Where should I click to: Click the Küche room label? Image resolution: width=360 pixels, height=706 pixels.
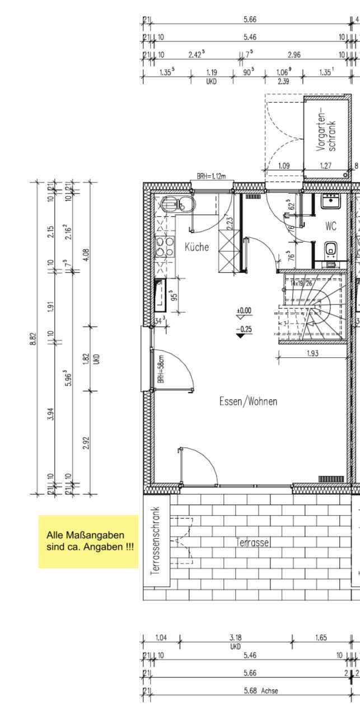point(197,247)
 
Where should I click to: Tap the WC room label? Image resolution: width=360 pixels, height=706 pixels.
point(331,227)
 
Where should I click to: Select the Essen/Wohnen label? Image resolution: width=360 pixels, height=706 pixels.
point(248,401)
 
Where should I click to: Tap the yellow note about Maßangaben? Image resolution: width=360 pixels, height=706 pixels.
point(88,541)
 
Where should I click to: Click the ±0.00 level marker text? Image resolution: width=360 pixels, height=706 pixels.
point(244,310)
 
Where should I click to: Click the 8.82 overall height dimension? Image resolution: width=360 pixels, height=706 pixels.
point(34,338)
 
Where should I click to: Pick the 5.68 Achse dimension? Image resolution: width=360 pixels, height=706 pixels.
point(261,690)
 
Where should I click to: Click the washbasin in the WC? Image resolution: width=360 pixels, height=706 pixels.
point(330,200)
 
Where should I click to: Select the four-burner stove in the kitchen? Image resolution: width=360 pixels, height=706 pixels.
point(164,247)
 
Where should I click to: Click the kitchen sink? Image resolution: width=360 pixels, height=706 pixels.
point(170,204)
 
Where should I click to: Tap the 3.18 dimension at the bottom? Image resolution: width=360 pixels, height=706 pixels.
point(235,637)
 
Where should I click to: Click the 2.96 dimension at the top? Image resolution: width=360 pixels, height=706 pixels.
point(294,54)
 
